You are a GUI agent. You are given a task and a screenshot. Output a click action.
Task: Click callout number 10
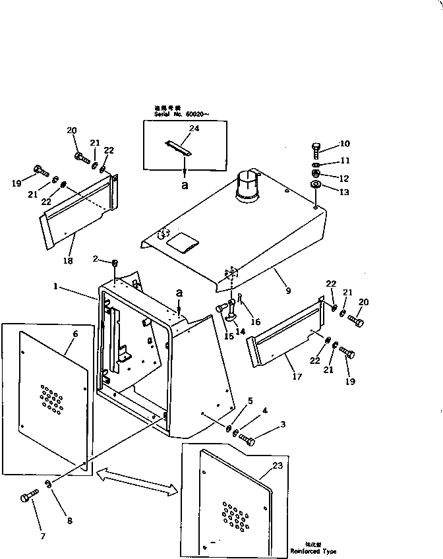tap(344, 144)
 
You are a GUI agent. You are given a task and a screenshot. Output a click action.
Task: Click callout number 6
tap(74, 334)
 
